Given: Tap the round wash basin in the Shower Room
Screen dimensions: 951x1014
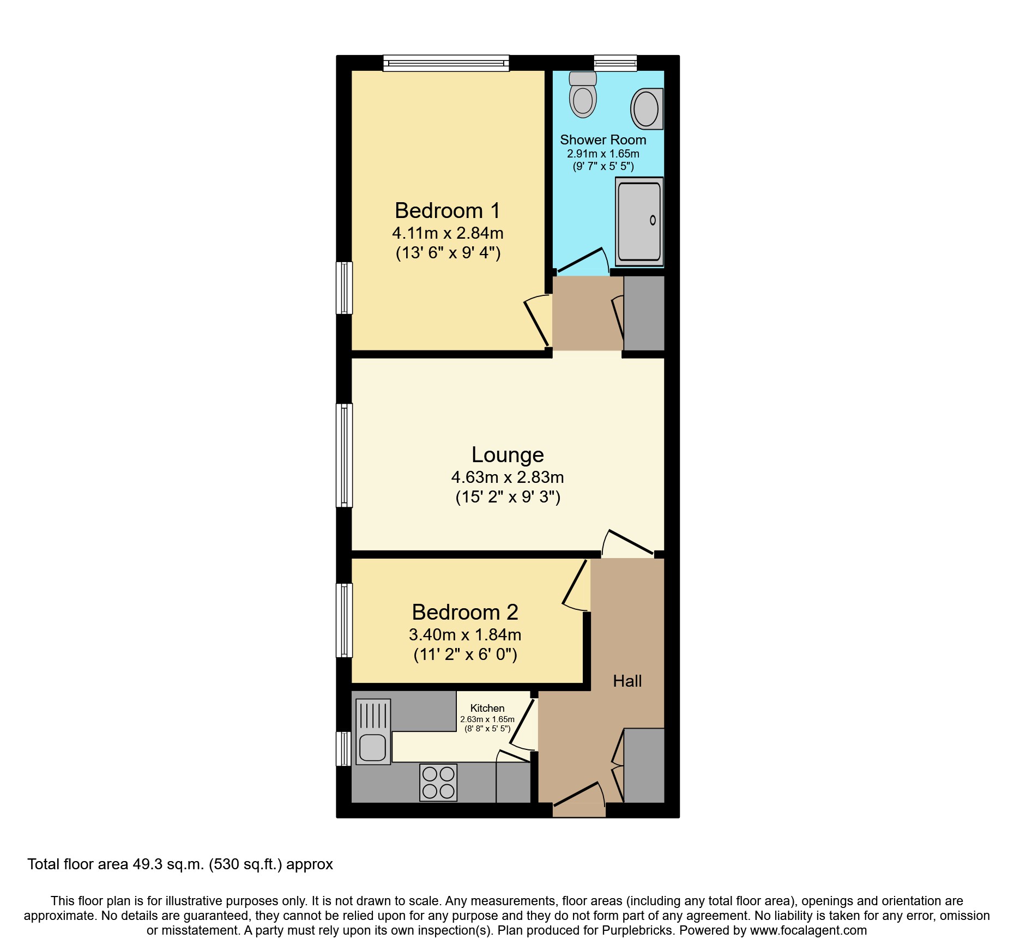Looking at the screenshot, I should [647, 109].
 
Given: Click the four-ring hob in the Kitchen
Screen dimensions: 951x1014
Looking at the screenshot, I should [438, 783].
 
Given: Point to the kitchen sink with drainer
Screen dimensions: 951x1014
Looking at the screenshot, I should [373, 731].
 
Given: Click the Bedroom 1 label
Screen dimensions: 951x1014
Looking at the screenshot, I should [447, 211].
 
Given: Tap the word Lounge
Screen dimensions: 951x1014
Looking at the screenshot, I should [508, 455].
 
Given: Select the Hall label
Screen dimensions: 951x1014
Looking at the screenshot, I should [627, 681].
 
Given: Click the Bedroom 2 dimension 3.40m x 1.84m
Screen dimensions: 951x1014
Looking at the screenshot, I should [465, 635].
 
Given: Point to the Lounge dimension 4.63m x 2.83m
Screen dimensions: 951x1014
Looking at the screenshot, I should [508, 477].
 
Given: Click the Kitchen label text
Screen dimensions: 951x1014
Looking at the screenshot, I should [487, 708].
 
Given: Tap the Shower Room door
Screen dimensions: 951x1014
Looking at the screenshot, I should [581, 260].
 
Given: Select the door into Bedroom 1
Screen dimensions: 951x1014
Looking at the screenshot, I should [537, 323].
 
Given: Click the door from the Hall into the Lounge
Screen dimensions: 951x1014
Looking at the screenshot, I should [630, 543].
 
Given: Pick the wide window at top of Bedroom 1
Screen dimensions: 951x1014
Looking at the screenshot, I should [446, 63].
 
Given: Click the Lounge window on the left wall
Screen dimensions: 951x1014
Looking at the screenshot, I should [344, 455].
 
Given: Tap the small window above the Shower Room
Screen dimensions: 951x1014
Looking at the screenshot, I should [615, 63].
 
